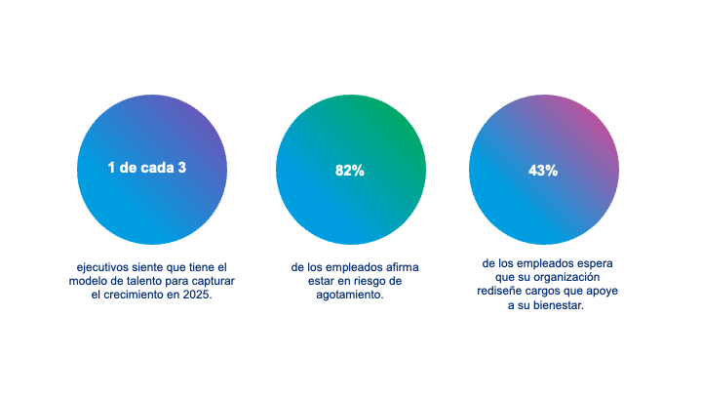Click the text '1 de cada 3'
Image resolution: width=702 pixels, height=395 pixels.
[146, 168]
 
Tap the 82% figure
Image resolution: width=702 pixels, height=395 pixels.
[350, 170]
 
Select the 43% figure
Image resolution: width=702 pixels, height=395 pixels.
[543, 170]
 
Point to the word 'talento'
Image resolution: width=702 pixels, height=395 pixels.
[146, 281]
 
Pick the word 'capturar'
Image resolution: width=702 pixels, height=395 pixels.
[214, 281]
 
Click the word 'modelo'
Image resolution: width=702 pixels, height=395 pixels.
[97, 281]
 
